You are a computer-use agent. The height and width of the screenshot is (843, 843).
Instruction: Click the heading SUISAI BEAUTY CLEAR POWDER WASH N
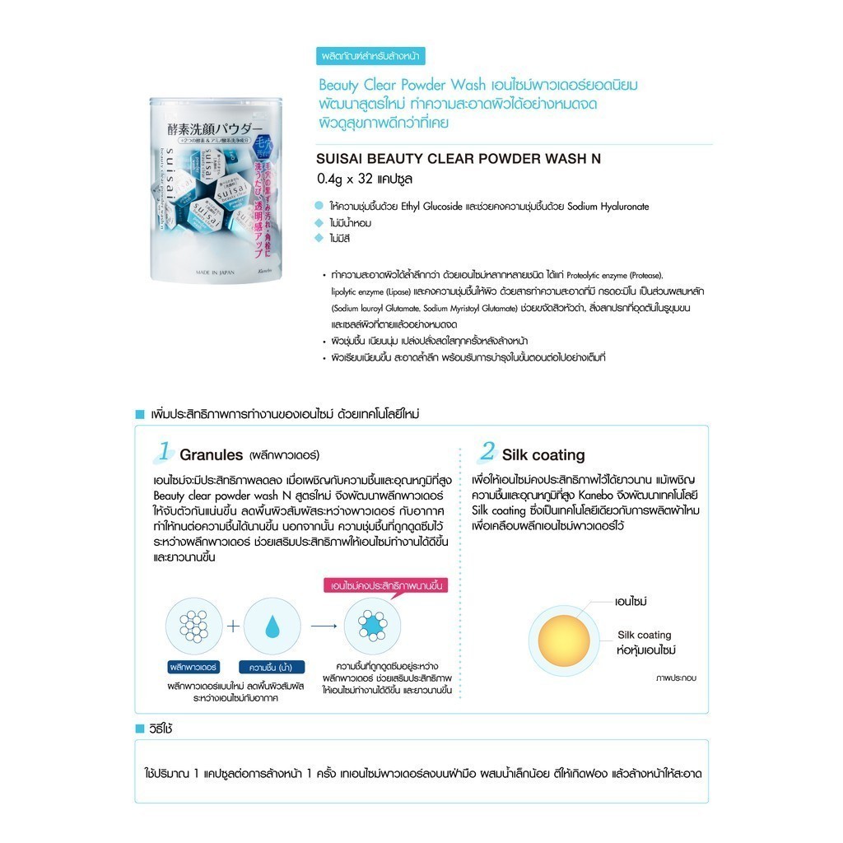(x=459, y=160)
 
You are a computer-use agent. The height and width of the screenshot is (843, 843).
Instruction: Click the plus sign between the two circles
(x=233, y=626)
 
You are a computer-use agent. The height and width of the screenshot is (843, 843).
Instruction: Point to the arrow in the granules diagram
(x=324, y=626)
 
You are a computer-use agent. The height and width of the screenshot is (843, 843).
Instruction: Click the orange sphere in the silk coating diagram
(x=565, y=640)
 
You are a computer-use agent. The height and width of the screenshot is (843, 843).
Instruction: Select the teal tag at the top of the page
(x=371, y=57)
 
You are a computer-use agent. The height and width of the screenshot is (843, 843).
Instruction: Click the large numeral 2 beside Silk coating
(x=487, y=451)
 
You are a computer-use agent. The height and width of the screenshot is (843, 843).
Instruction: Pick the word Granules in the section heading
(x=212, y=454)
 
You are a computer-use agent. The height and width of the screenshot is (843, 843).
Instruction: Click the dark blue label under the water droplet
(x=272, y=666)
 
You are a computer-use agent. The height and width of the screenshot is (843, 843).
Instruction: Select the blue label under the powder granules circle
(x=191, y=666)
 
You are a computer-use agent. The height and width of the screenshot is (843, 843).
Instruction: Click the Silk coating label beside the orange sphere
(x=645, y=635)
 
